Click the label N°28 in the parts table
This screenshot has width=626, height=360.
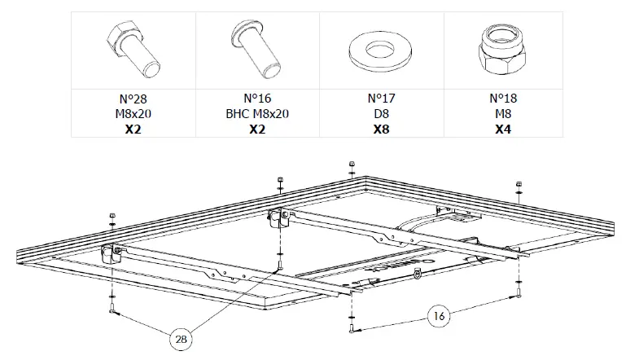point(134,99)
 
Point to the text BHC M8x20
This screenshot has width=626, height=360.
point(257,114)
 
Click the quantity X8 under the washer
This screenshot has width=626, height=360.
point(380,130)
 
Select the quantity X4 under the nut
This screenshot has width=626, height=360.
point(504,130)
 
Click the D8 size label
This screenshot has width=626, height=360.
point(380,114)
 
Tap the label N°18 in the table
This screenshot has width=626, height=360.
point(504,99)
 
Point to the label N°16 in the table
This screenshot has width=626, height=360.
point(257,99)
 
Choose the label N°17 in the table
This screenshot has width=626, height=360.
point(380,99)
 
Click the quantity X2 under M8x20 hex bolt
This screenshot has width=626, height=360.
point(134,130)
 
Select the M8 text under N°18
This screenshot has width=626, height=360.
point(504,114)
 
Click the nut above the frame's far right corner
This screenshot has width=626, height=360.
point(519,185)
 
